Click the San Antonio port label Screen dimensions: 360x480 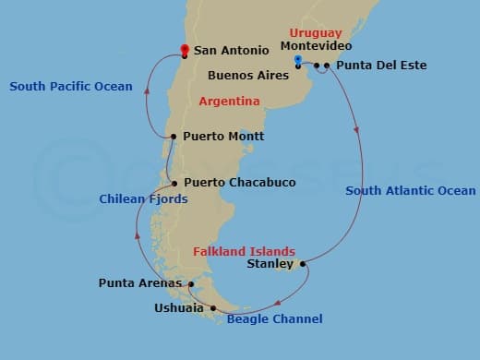232,51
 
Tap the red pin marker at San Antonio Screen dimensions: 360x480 185,50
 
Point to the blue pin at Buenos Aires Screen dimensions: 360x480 297,61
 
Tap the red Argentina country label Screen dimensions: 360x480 229,102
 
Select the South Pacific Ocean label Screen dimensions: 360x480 71,87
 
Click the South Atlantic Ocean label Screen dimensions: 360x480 411,191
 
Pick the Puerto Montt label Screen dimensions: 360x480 223,137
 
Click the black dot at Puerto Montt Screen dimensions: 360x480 174,138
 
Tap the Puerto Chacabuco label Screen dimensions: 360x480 239,183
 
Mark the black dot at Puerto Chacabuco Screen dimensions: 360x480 174,184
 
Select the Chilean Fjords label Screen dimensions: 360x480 143,198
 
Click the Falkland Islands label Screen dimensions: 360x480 244,251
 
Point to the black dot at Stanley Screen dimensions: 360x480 303,264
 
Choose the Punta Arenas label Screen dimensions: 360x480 138,282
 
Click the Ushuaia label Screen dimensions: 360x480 179,308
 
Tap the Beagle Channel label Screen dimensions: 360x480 274,319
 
